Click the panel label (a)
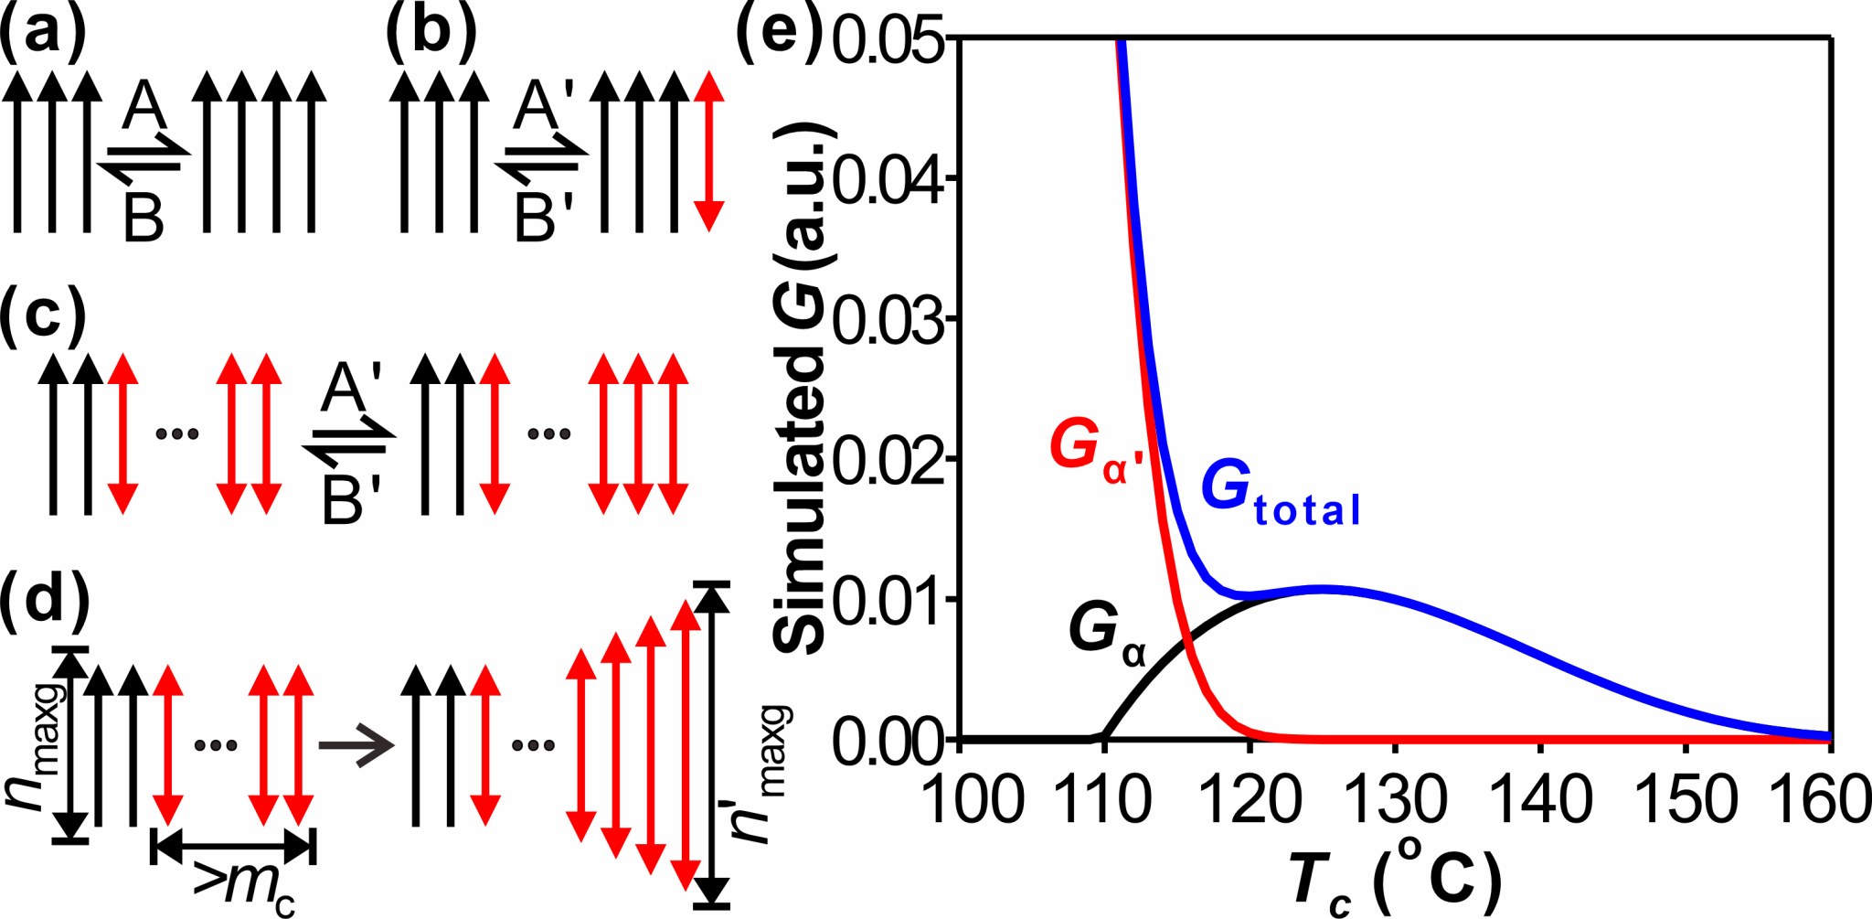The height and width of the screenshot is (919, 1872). (43, 34)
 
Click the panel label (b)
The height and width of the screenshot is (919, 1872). (431, 34)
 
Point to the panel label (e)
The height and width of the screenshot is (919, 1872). (780, 34)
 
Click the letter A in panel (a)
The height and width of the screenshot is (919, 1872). (145, 106)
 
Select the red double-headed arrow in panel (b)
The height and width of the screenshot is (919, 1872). (708, 152)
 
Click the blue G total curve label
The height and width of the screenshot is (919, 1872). (1280, 494)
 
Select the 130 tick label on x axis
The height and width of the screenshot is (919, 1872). (1396, 799)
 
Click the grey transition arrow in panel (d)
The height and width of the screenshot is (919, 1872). (356, 745)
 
